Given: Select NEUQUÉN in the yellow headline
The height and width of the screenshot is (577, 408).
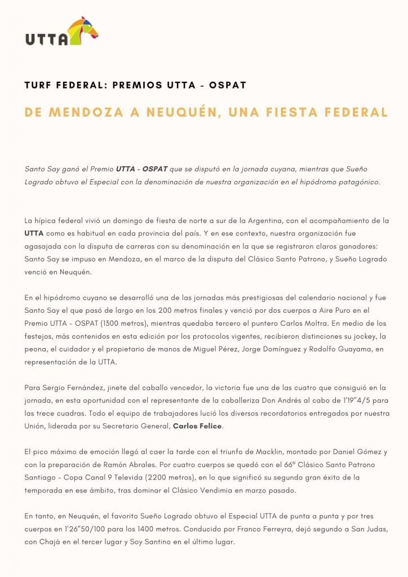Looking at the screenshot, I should tap(179, 112).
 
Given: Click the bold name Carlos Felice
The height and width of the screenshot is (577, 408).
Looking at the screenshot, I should tap(198, 426).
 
